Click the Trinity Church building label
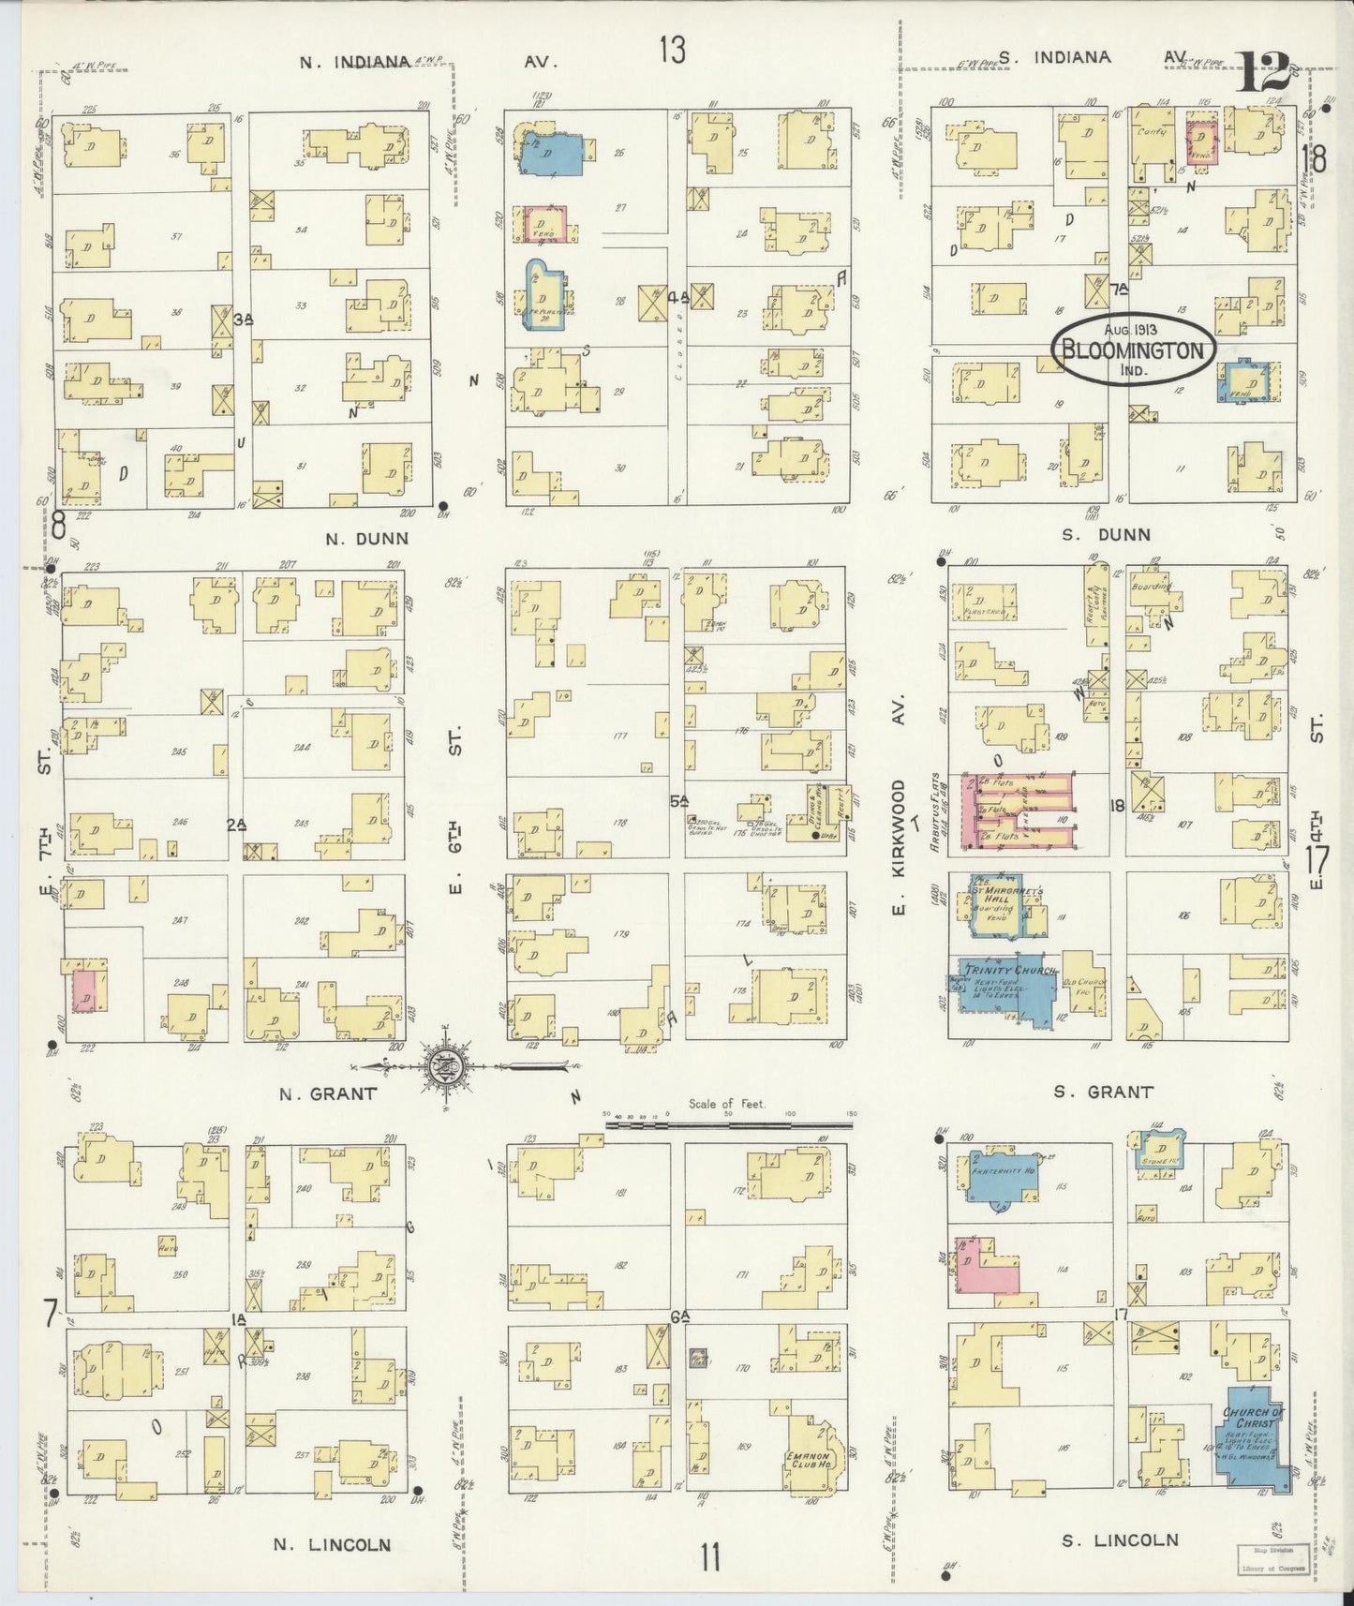(1007, 970)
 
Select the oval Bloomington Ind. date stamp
(1131, 351)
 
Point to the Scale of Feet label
(727, 1104)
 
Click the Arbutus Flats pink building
(1017, 811)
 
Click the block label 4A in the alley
(679, 298)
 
